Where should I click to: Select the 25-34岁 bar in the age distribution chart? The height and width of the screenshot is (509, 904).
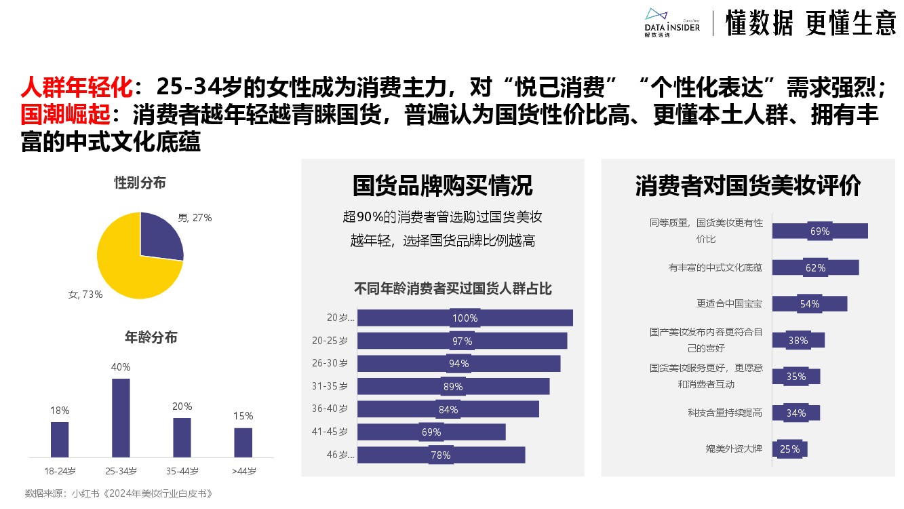(121, 417)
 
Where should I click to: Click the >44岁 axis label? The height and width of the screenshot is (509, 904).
(243, 471)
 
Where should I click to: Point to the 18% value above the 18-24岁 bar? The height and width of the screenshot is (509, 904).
(60, 411)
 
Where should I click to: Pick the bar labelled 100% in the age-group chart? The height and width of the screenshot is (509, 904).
(465, 318)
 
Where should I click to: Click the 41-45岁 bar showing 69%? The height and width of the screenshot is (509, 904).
(431, 432)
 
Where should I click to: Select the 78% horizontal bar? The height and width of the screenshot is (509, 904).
(441, 455)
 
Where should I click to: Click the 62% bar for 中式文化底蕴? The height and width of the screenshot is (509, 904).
(815, 267)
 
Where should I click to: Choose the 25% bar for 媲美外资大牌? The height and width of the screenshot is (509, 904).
(789, 449)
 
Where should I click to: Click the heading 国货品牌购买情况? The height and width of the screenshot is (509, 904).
(442, 186)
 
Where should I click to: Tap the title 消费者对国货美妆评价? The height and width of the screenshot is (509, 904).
(748, 186)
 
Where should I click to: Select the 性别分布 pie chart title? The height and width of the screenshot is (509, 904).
(140, 183)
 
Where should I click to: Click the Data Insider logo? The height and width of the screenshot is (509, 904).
(671, 22)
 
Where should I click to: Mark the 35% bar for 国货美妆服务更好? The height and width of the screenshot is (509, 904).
(796, 376)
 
